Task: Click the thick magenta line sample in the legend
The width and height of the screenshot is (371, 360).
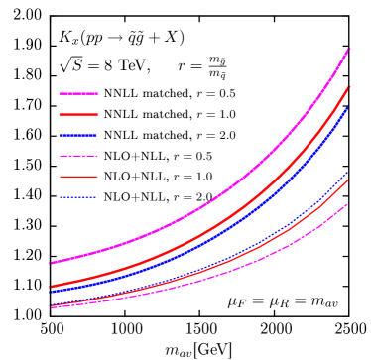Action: pyautogui.click(x=78, y=93)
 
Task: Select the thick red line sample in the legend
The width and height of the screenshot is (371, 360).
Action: pyautogui.click(x=78, y=114)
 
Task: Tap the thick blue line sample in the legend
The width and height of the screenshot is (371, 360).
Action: pyautogui.click(x=78, y=135)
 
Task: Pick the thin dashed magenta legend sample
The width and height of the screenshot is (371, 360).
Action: pyautogui.click(x=78, y=156)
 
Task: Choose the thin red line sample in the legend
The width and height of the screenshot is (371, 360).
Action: pyautogui.click(x=78, y=177)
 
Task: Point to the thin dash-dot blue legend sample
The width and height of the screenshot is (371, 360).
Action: pyautogui.click(x=78, y=197)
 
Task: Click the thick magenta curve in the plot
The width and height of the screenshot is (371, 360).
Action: pyautogui.click(x=198, y=211)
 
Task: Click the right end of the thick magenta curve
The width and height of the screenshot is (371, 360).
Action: pyautogui.click(x=348, y=49)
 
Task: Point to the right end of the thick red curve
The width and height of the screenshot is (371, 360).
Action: pyautogui.click(x=348, y=88)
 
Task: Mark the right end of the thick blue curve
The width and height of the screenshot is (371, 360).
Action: pyautogui.click(x=348, y=108)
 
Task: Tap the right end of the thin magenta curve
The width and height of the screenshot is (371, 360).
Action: pyautogui.click(x=348, y=203)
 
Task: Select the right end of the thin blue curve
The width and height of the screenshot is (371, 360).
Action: pyautogui.click(x=348, y=174)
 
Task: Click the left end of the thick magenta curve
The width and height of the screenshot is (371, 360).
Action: pyautogui.click(x=51, y=263)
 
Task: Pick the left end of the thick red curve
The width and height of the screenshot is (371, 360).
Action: pyautogui.click(x=51, y=287)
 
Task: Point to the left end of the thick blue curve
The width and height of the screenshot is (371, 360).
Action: pyautogui.click(x=51, y=292)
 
